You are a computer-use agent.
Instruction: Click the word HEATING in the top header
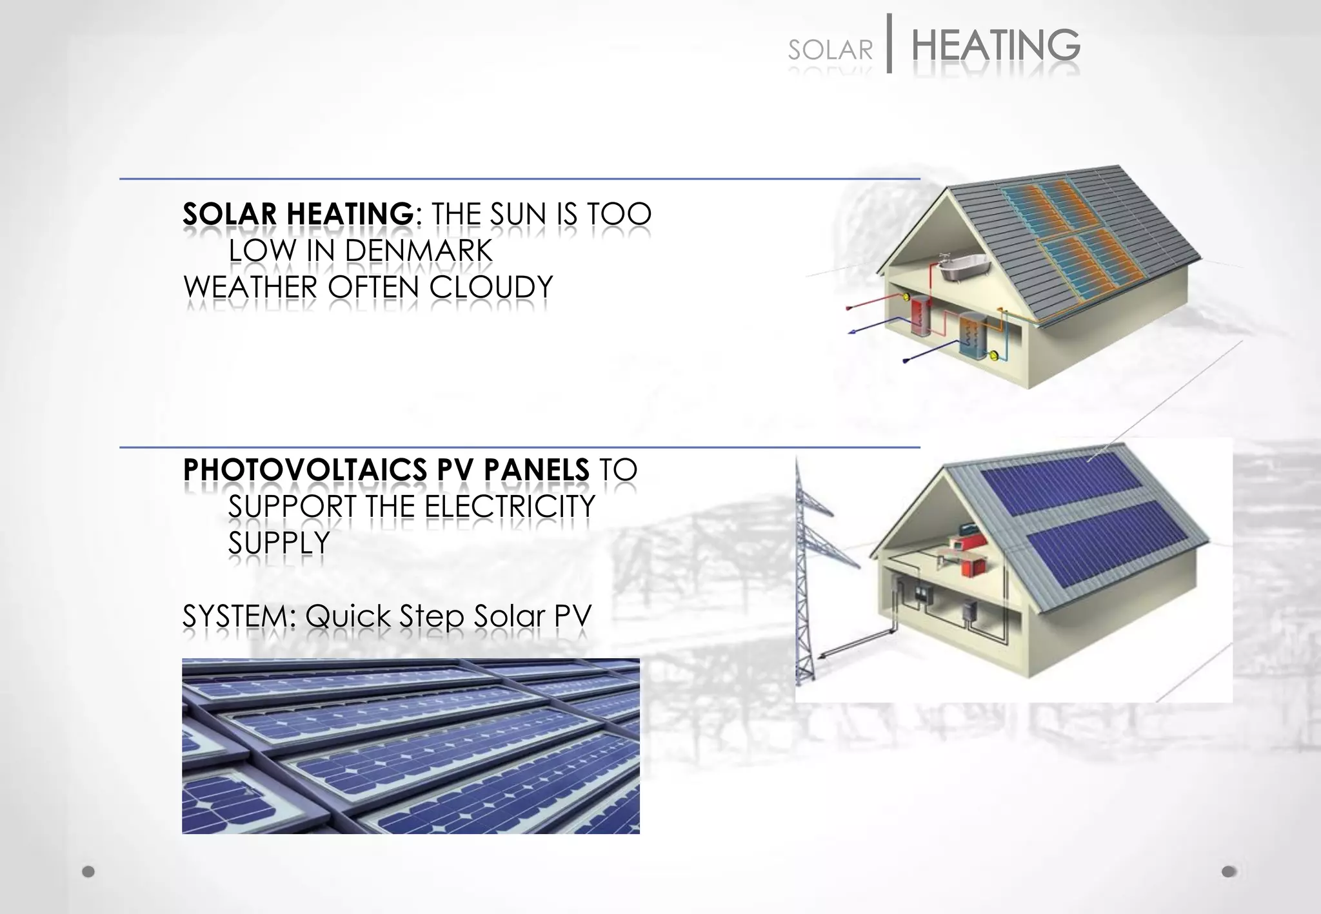point(995,46)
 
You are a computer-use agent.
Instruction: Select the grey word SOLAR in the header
point(830,50)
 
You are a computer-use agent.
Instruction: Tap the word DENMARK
point(419,251)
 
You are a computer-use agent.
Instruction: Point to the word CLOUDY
point(492,287)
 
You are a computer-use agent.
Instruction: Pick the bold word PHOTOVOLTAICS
point(304,470)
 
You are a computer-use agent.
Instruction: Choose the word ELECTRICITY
point(510,507)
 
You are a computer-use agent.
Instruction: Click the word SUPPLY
point(279,543)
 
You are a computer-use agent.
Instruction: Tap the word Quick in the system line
point(348,617)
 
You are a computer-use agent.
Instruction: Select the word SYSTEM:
point(239,617)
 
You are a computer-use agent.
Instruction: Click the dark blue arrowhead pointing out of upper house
point(852,332)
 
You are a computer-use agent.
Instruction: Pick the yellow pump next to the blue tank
point(994,353)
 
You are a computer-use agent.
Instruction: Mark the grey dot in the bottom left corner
point(88,871)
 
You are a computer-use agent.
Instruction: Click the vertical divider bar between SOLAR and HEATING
point(890,43)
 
